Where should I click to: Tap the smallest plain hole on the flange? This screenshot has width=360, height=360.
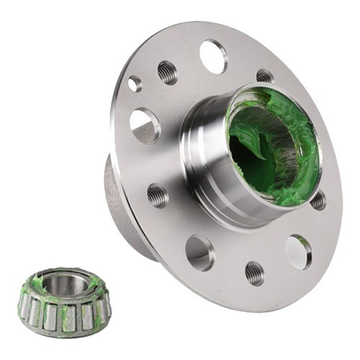click(135, 84)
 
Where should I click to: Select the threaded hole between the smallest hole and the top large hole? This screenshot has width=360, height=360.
click(167, 71)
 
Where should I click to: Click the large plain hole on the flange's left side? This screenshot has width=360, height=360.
click(145, 125)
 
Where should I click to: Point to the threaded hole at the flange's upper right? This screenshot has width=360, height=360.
click(265, 76)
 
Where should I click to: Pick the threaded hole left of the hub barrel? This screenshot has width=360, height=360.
click(158, 195)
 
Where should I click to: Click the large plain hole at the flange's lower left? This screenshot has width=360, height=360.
click(199, 252)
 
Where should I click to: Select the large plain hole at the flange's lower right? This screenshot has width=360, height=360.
click(298, 251)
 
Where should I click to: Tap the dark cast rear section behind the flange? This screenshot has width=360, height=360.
click(119, 209)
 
